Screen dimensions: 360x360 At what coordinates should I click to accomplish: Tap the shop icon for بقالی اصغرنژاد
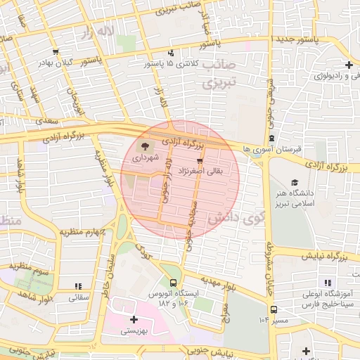click(190, 161)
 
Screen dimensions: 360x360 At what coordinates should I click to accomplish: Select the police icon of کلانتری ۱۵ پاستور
click(171, 53)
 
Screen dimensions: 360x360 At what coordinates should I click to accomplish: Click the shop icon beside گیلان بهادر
click(56, 51)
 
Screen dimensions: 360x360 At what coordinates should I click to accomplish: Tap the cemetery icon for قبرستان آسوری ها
click(272, 138)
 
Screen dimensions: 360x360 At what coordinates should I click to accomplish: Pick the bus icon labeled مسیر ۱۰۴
click(273, 309)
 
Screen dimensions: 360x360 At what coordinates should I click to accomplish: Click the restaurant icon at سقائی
click(78, 286)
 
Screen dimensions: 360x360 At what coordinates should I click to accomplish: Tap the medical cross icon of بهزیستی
click(134, 319)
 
